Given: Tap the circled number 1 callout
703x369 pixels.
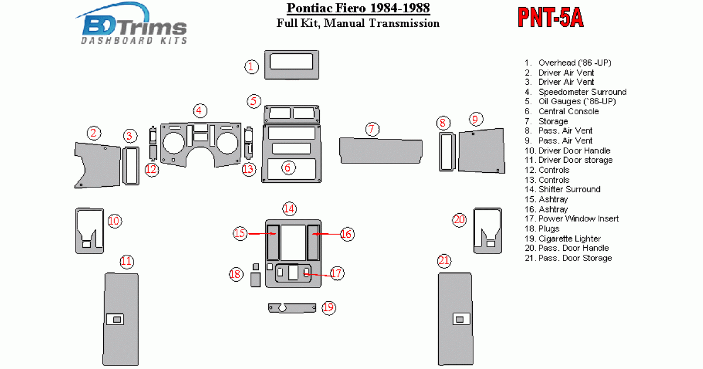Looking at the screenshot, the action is pos(251,67).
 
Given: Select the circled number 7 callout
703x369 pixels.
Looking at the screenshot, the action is pos(372,129).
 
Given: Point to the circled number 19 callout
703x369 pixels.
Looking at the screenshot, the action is pos(329,307).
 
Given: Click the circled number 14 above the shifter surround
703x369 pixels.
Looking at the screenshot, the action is pos(289,209).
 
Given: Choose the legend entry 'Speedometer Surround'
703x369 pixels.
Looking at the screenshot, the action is pos(582,92).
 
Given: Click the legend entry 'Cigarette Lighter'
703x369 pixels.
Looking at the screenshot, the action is pos(569,238).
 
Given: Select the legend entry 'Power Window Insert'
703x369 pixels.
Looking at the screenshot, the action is pos(578,218).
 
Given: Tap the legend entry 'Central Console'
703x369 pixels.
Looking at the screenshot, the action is pos(568,111).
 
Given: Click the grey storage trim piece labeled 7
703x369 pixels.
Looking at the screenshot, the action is pos(381,151).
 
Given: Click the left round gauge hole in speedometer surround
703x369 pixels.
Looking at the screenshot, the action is pos(173,143).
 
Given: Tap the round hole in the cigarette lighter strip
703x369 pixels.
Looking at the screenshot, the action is pos(282,308).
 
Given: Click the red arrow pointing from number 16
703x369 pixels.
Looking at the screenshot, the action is pos(326,234).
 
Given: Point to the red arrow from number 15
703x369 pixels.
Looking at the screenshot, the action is pos(262,234).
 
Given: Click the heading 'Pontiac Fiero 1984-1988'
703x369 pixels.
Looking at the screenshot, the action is pos(358,8).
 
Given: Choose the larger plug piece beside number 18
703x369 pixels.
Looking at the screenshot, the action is pos(255,279).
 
